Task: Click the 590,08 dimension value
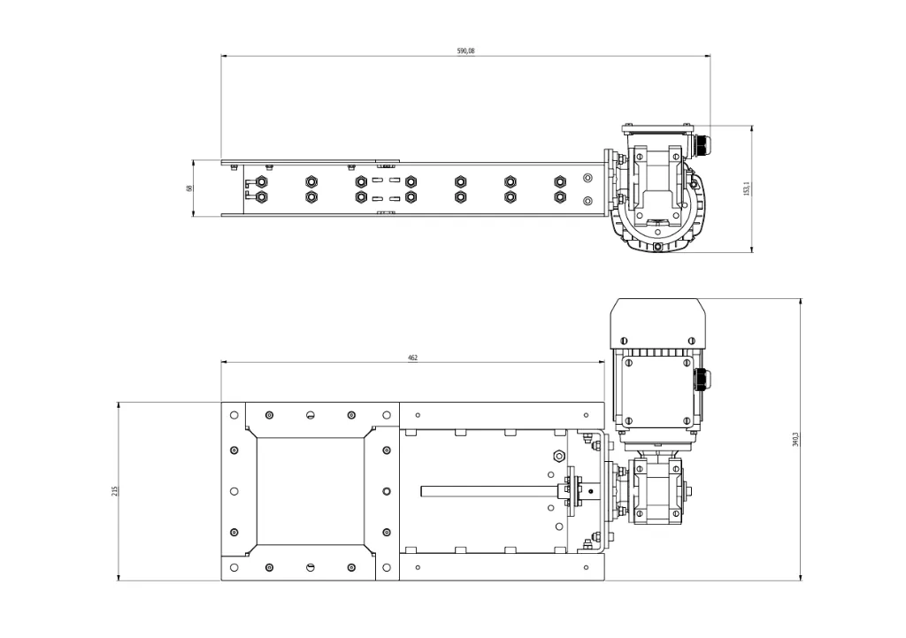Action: [x=465, y=50]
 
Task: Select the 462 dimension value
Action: [x=412, y=357]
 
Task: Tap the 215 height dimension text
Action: [x=114, y=490]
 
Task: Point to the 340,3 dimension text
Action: [x=795, y=439]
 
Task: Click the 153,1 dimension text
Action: [x=746, y=188]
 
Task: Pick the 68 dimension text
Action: [x=189, y=188]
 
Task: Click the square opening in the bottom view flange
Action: [x=311, y=490]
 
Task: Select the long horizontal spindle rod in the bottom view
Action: [x=488, y=491]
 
